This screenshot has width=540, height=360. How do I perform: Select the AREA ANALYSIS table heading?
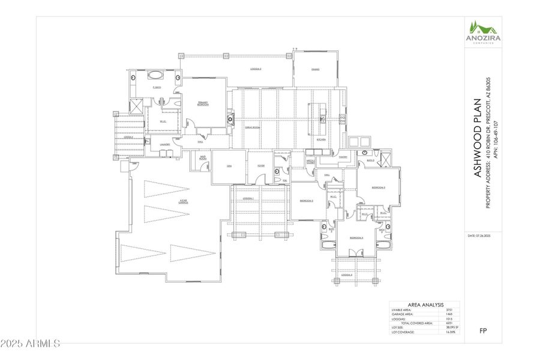coord(425,305)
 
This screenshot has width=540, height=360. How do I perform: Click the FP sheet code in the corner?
coord(484,331)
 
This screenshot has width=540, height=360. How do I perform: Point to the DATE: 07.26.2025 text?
coord(479,236)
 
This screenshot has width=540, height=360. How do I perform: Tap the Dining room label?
coord(315,70)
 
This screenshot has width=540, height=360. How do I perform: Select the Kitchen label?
coord(322,140)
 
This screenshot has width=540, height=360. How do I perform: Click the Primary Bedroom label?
coord(203,104)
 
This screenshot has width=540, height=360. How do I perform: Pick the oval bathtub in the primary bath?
coord(155,76)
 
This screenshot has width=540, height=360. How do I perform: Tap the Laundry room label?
coord(164,145)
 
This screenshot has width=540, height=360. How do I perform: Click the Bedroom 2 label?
coord(307,200)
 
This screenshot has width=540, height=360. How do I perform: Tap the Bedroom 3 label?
coord(378,188)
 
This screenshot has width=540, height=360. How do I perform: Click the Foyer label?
coord(262,166)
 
